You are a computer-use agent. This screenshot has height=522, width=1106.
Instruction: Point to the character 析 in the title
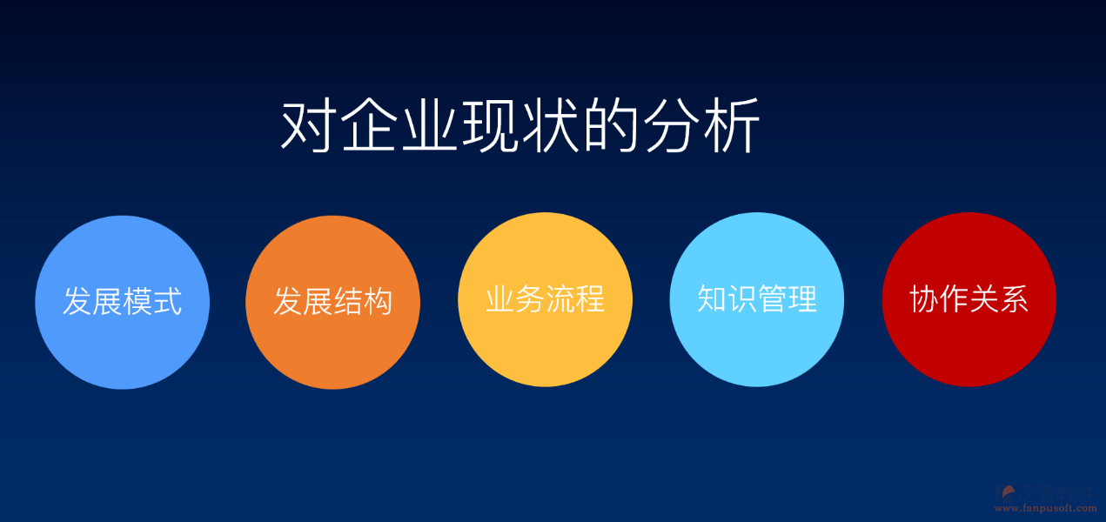(x=732, y=128)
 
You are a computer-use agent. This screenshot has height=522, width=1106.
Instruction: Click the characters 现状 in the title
(x=519, y=128)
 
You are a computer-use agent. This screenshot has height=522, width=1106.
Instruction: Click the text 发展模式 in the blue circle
(x=122, y=301)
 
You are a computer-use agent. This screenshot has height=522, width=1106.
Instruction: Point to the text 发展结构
(x=332, y=301)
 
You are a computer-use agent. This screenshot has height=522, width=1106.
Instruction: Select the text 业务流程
(x=545, y=299)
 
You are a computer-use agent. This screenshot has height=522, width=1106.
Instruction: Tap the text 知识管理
(x=756, y=298)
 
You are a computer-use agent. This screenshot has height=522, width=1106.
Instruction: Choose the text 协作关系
(x=969, y=298)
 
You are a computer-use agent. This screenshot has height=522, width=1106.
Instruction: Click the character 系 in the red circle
(x=1014, y=298)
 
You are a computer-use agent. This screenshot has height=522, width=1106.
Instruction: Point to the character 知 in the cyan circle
(x=712, y=298)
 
